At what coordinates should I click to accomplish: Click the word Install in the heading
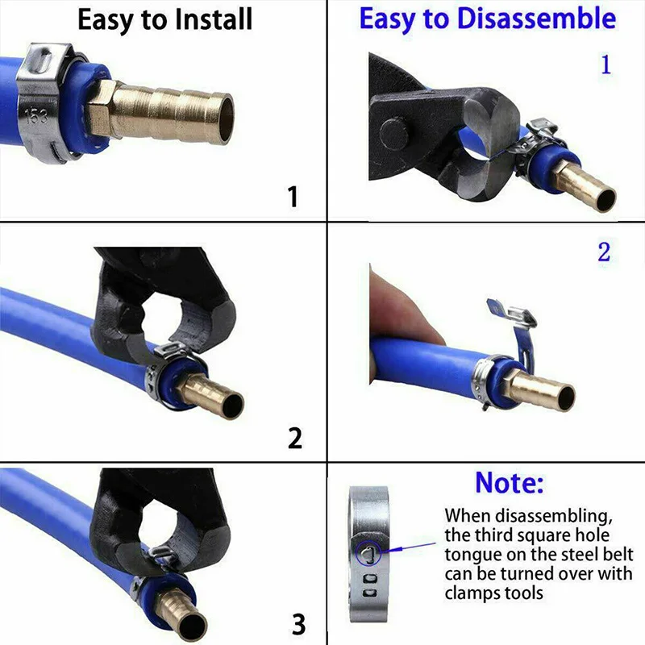pyautogui.click(x=213, y=19)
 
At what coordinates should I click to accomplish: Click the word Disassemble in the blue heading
pyautogui.click(x=536, y=19)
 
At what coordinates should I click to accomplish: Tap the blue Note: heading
pyautogui.click(x=510, y=482)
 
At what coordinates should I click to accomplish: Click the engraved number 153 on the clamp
pyautogui.click(x=36, y=117)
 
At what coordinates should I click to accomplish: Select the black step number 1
pyautogui.click(x=293, y=196)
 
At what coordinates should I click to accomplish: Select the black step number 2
pyautogui.click(x=295, y=438)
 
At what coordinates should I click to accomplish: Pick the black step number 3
pyautogui.click(x=298, y=624)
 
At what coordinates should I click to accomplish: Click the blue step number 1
pyautogui.click(x=605, y=64)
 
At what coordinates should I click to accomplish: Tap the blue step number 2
pyautogui.click(x=604, y=252)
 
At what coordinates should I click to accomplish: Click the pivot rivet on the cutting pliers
pyautogui.click(x=394, y=134)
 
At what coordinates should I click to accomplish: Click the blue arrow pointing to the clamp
pyautogui.click(x=410, y=547)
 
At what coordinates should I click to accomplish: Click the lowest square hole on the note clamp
pyautogui.click(x=370, y=593)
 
